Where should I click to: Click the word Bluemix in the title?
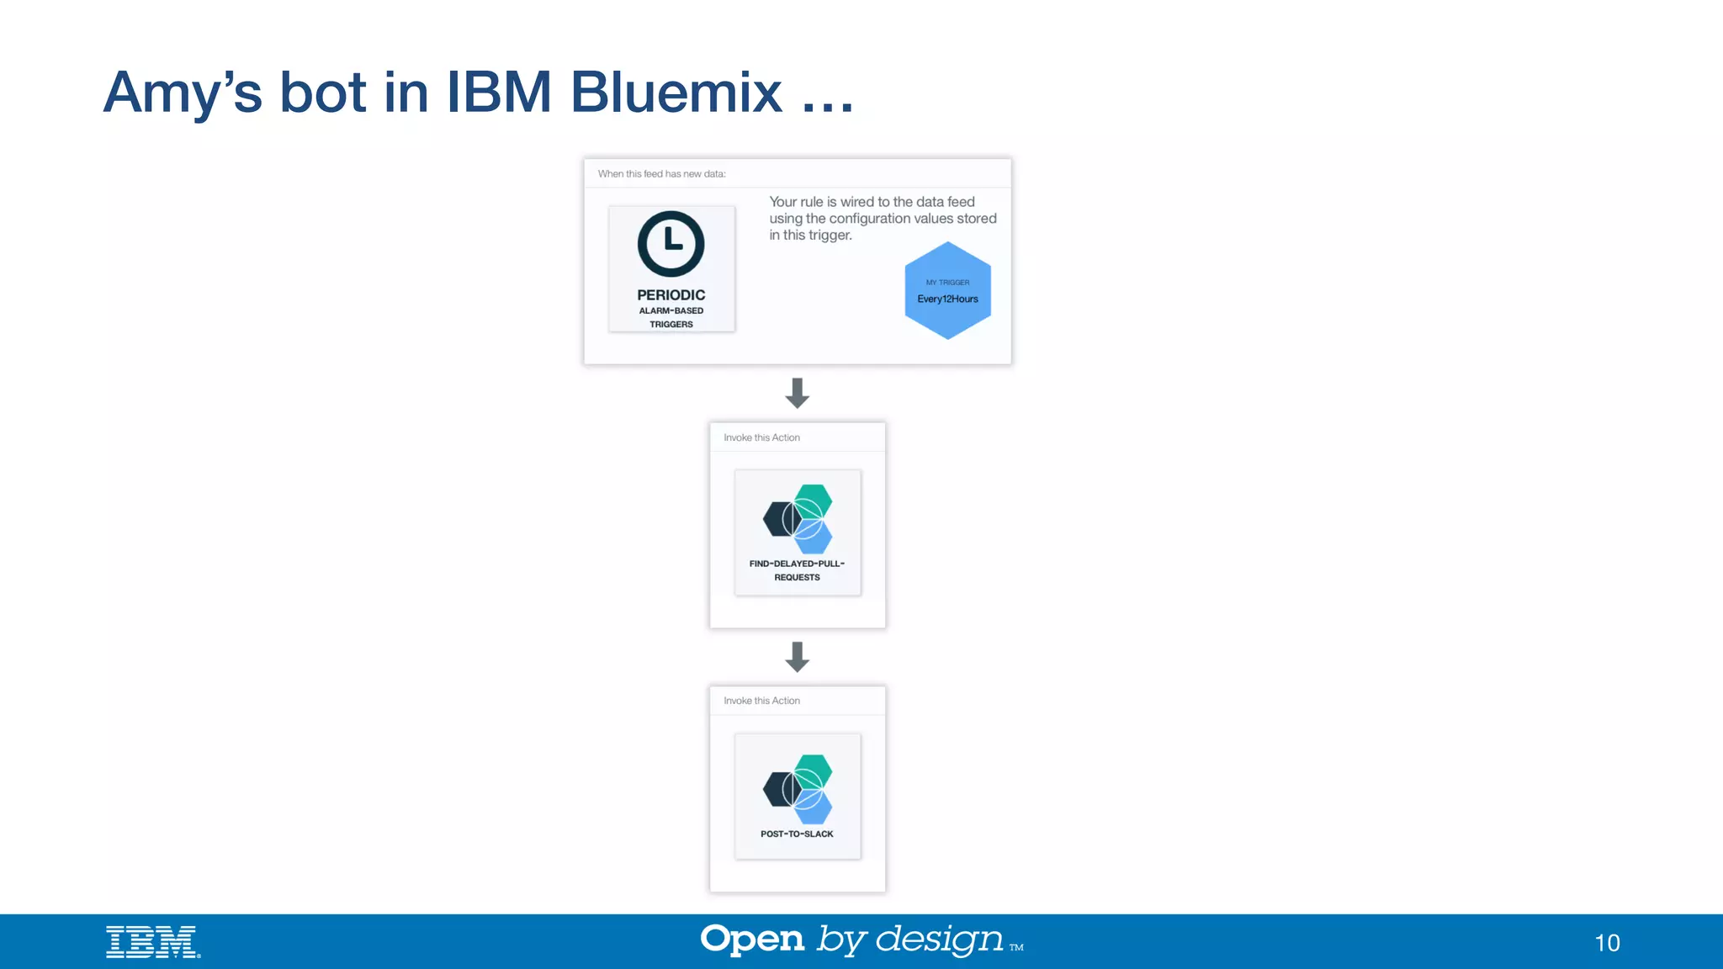click(676, 92)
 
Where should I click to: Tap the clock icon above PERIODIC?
click(671, 244)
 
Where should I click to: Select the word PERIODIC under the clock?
click(671, 295)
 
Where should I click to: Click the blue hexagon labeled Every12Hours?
click(947, 290)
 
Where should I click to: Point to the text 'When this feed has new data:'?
click(661, 174)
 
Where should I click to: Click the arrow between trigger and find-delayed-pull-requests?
click(797, 393)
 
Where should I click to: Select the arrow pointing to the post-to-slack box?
click(797, 656)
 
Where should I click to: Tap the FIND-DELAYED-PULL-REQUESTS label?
click(797, 570)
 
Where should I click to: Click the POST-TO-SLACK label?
click(797, 834)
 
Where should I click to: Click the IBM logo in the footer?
click(153, 942)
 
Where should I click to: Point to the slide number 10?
click(1607, 943)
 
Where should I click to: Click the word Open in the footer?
click(752, 940)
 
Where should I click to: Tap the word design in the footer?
click(939, 940)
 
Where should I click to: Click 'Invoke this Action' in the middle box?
click(761, 437)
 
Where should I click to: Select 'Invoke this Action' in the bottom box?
click(761, 701)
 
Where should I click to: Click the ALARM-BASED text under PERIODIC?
click(671, 310)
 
